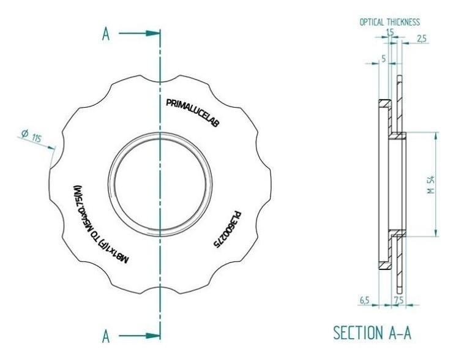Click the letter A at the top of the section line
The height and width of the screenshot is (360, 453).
coord(106,34)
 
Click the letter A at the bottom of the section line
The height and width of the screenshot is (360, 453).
coord(106,336)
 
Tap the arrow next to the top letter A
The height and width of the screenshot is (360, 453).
coord(139,33)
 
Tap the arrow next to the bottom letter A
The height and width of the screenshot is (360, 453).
coord(139,336)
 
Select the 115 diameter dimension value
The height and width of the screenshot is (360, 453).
coord(36,138)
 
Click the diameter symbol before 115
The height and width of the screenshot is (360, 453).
coord(25,133)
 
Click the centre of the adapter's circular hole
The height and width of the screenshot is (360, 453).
coord(160,184)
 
